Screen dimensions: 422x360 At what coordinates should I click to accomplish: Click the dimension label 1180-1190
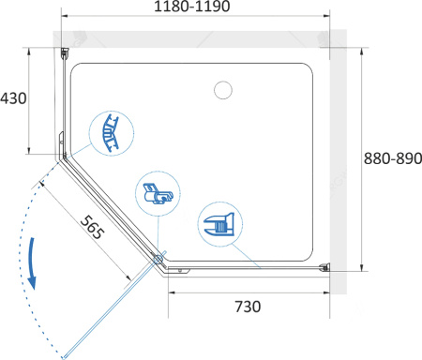192,7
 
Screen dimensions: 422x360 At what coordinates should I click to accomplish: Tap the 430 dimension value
13,98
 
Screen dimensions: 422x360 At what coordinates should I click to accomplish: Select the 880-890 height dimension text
393,158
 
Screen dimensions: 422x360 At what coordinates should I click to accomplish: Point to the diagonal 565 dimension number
92,227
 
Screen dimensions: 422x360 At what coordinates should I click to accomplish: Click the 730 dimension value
248,307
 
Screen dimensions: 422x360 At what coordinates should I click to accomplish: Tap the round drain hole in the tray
223,90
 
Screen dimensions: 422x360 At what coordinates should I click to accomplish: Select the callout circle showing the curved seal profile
112,133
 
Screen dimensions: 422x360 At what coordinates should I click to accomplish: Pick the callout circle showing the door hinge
158,194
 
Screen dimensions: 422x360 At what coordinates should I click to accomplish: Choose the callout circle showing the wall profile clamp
220,224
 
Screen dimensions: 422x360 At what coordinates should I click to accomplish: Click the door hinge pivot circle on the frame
158,259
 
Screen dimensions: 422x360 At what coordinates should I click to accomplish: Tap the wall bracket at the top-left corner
65,53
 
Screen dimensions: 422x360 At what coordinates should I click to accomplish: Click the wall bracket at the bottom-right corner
324,267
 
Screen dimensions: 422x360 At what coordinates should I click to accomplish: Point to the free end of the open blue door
64,357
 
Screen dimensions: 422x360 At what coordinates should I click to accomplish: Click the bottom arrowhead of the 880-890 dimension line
362,267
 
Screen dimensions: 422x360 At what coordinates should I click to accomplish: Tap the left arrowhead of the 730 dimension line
172,292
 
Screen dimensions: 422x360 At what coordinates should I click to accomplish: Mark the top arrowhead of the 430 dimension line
29,52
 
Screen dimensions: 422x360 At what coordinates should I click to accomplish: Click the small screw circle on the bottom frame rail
180,271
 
